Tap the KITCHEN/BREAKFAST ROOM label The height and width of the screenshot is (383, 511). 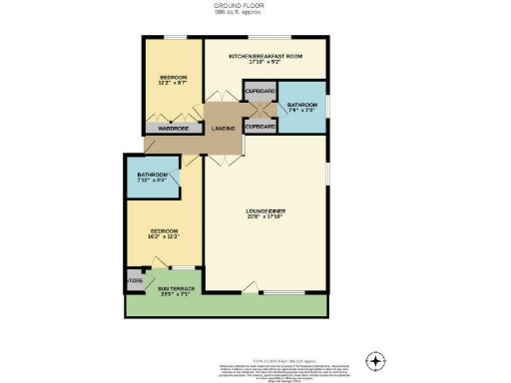point(264,56)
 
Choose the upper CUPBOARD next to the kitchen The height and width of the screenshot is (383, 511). point(260,91)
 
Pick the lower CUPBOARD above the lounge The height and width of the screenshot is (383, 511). point(260,128)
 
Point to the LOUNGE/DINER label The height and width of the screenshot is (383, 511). point(264,211)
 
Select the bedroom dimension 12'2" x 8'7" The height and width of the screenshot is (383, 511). point(173,85)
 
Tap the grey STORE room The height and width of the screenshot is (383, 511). point(134,280)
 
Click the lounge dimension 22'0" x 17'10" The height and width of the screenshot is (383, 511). point(264,220)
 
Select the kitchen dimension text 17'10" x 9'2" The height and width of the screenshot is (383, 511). point(264,64)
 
